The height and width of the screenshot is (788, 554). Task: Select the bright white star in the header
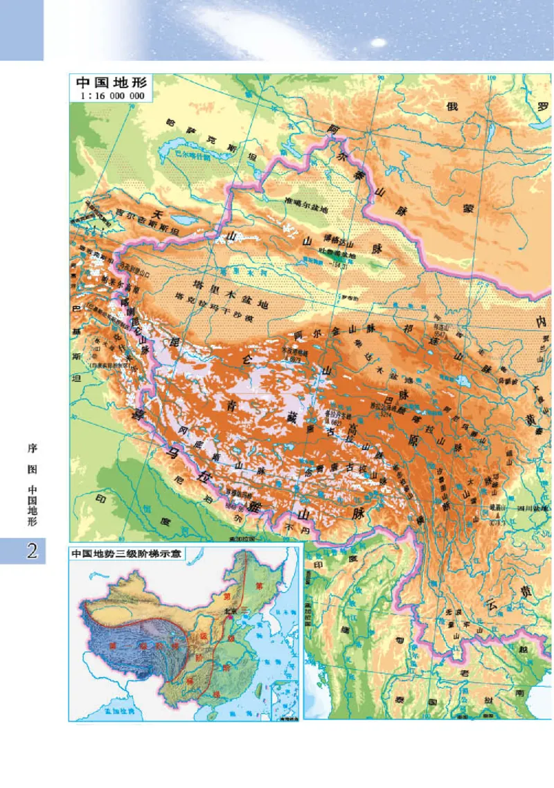pos(377,42)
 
